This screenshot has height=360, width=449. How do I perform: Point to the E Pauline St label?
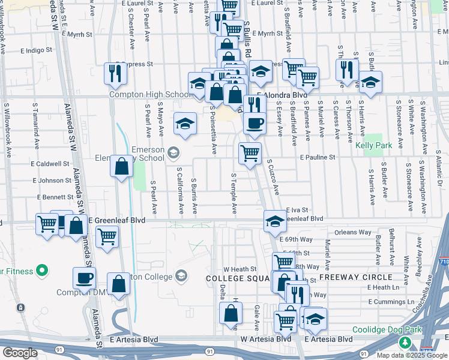326,157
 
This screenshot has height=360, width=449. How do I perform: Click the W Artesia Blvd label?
266,338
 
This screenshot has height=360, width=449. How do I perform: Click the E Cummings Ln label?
391,302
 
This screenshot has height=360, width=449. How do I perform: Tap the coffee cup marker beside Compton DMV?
84,278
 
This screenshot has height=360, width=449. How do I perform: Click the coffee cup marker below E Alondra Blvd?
254,123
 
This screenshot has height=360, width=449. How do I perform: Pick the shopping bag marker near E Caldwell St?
122,167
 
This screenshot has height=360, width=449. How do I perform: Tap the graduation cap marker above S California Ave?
185,124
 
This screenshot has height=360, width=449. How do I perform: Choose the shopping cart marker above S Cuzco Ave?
250,152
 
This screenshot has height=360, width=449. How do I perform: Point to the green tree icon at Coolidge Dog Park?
406,343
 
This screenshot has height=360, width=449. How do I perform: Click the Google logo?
20,352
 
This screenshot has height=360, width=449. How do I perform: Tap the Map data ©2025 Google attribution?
411,355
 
